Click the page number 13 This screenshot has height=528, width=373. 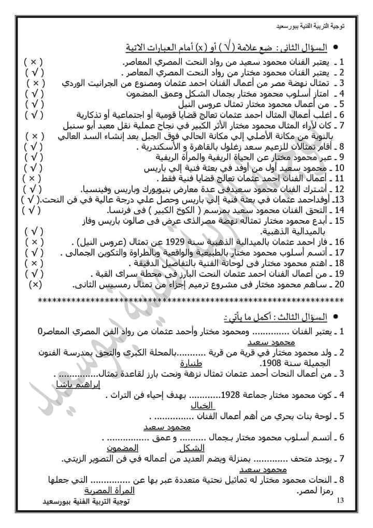click(x=340, y=500)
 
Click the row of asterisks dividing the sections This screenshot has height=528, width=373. click(x=192, y=301)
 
